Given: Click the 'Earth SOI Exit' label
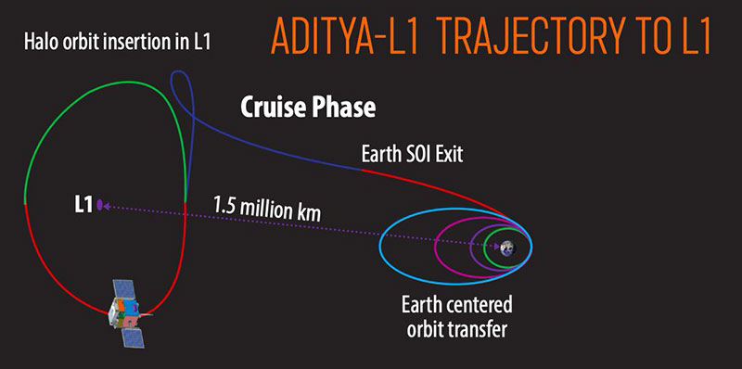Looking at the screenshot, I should pyautogui.click(x=416, y=154).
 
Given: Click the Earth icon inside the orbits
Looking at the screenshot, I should pyautogui.click(x=507, y=248).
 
